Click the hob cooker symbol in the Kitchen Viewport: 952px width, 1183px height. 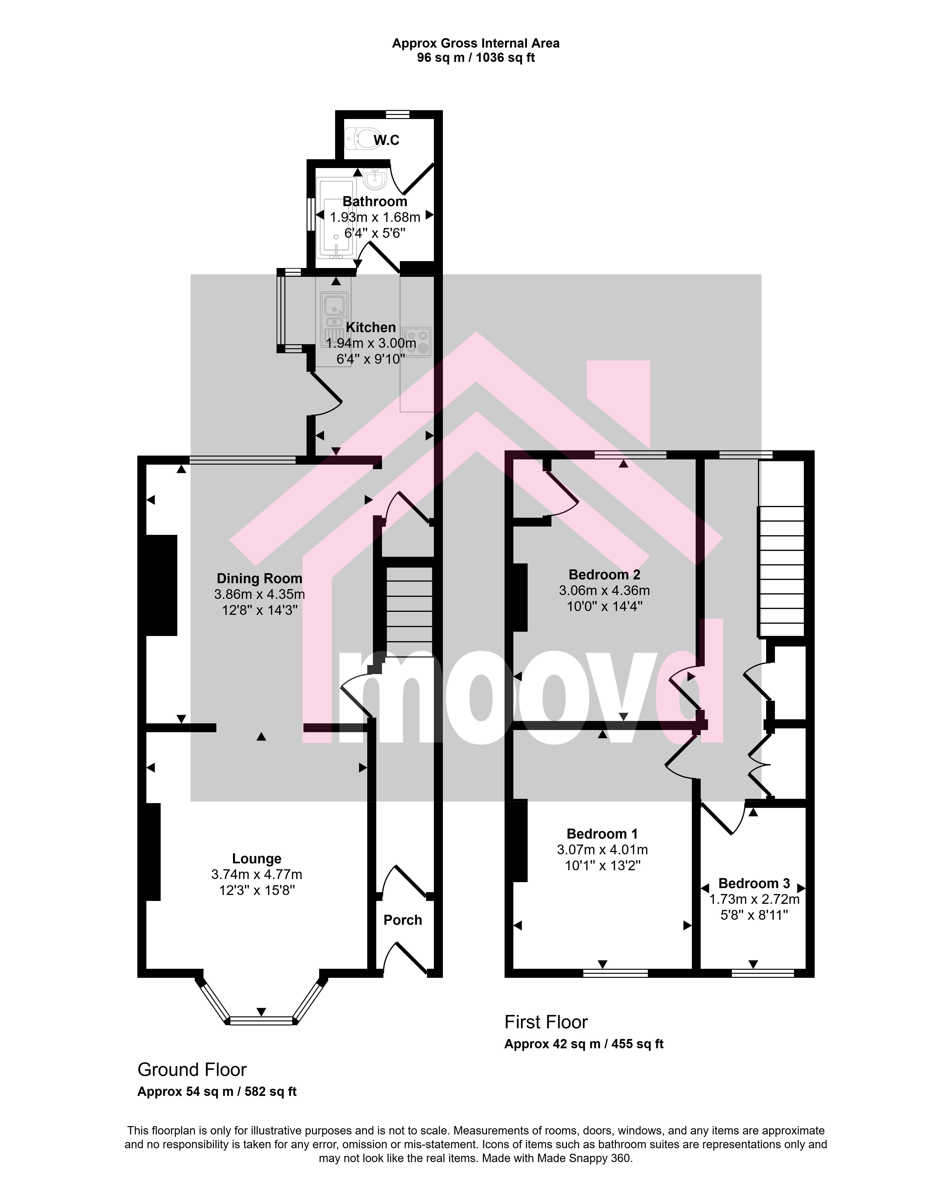tap(416, 342)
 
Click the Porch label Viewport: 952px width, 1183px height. tap(403, 920)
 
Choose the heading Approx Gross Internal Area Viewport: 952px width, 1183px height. tap(476, 43)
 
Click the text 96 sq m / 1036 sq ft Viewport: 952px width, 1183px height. tap(476, 58)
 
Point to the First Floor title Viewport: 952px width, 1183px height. tap(546, 1022)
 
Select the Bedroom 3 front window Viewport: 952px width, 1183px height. tap(763, 973)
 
